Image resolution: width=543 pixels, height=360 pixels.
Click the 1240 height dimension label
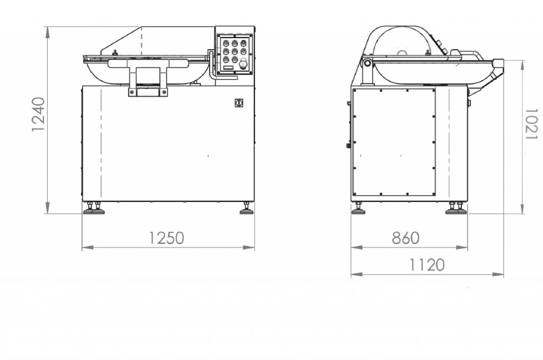[x=38, y=114]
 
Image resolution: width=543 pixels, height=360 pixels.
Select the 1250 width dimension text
[x=167, y=238]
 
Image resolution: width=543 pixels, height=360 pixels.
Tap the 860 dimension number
[x=406, y=238]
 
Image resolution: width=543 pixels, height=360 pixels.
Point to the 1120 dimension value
[x=427, y=265]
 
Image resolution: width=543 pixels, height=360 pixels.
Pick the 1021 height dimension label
[x=531, y=124]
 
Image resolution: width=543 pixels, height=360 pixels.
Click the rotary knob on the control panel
[x=243, y=63]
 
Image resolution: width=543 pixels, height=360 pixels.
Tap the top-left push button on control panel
[x=226, y=43]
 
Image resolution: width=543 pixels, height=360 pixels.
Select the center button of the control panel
[x=235, y=51]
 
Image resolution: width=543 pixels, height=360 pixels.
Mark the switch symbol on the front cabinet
[x=239, y=103]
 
